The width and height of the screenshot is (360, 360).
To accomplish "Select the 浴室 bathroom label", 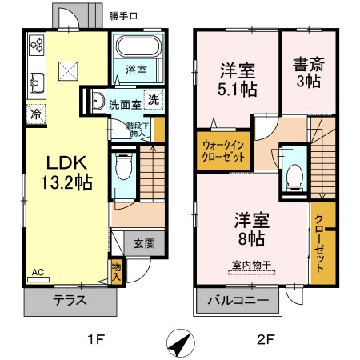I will click(135, 70).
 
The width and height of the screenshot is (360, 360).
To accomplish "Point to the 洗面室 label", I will click(125, 104).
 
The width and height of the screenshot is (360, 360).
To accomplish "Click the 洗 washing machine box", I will click(153, 102).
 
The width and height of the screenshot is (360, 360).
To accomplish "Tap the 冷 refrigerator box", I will click(35, 114).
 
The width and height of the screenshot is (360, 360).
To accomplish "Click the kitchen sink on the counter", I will click(37, 82).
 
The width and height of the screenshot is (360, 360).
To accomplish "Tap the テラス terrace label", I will click(70, 302).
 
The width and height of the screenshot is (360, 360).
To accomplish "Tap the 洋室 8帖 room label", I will click(250, 227).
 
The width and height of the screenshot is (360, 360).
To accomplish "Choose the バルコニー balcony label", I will click(238, 302).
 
